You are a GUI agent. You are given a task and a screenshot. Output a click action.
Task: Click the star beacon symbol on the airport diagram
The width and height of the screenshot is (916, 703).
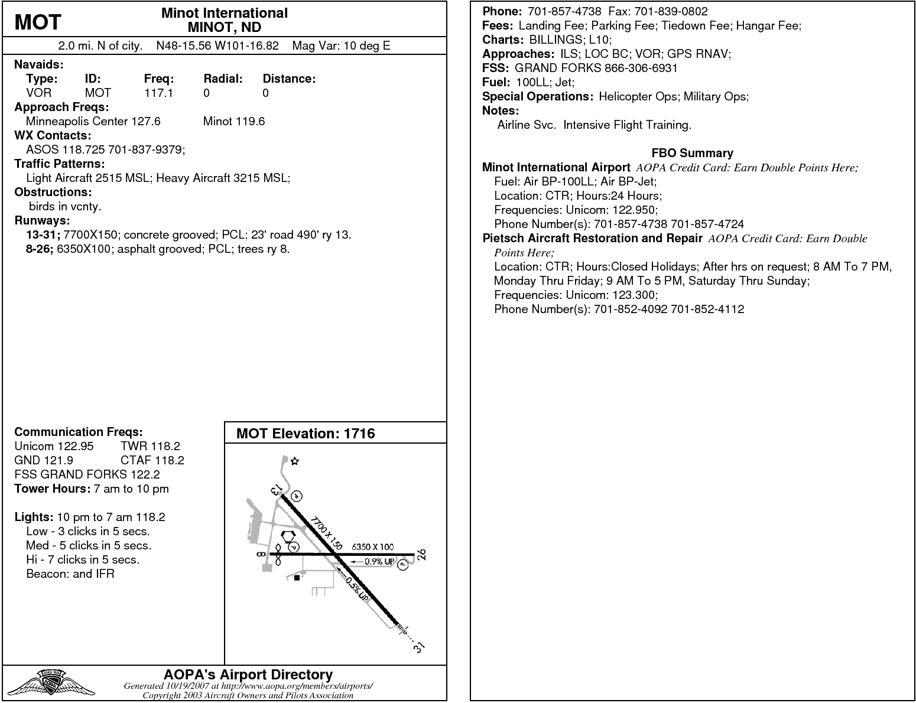point(295,461)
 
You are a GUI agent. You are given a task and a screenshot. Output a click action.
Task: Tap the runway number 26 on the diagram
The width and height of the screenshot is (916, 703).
point(421,555)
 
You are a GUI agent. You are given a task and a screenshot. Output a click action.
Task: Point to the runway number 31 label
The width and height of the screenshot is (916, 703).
point(419,647)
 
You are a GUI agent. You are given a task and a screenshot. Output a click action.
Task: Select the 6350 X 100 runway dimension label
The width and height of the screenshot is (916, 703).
point(372,547)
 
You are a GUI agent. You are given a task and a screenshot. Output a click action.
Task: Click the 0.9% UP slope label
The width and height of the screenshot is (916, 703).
point(379,562)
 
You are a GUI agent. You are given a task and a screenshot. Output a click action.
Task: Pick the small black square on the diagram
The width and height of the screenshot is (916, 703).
point(297,578)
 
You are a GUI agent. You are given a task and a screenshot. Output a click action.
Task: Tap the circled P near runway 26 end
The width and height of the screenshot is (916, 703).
point(403,565)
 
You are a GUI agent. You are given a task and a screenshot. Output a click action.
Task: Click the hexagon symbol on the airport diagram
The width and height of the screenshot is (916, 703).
point(288,536)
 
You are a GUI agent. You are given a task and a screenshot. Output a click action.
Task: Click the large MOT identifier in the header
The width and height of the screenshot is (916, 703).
point(37,22)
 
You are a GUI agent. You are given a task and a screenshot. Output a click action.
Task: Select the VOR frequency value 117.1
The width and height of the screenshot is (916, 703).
point(158,93)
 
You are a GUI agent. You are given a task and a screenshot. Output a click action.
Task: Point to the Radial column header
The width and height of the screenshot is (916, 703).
point(223,79)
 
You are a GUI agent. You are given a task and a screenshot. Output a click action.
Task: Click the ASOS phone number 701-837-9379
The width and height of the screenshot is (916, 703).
point(148,149)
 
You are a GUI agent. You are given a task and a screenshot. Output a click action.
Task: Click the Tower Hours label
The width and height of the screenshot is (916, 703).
point(52,489)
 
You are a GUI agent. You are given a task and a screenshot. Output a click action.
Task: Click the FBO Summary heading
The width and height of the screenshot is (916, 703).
point(692,153)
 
